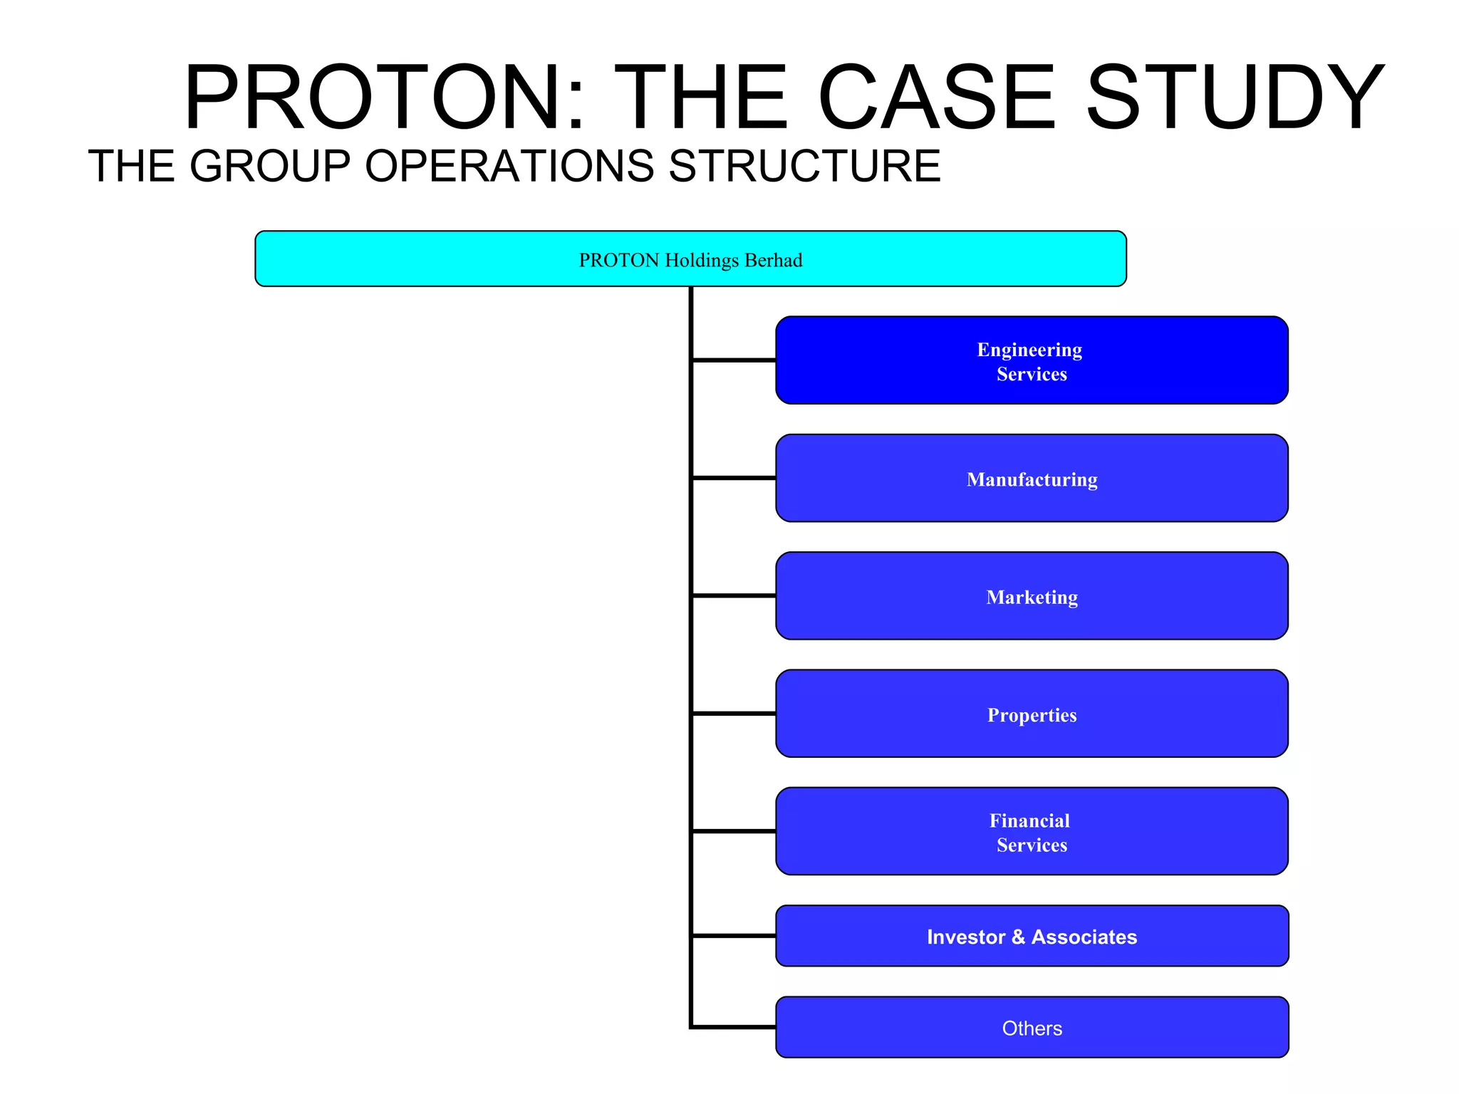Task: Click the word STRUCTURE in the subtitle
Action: point(804,166)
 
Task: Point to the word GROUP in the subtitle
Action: point(270,166)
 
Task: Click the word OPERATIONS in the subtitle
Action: point(509,166)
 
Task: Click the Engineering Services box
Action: point(1032,360)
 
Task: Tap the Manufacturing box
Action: point(1032,478)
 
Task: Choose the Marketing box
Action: point(1032,596)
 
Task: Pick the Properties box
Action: point(1032,714)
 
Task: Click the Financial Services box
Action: point(1032,831)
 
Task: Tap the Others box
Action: point(1032,1027)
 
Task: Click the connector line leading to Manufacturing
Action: point(734,478)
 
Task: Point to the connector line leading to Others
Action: point(734,1027)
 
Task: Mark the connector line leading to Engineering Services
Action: point(734,360)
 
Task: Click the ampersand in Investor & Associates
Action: point(1018,937)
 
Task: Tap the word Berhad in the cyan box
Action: point(773,261)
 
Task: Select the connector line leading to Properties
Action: point(734,713)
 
